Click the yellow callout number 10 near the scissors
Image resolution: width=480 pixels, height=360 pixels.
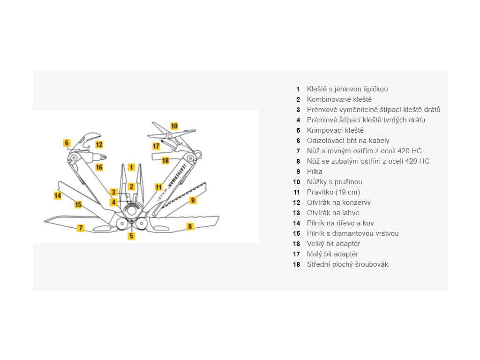[174, 126]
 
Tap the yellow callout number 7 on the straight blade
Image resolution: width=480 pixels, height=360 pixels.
[81, 228]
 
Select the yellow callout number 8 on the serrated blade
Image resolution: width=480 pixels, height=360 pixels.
[190, 226]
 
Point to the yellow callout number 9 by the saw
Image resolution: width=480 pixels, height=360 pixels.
[193, 200]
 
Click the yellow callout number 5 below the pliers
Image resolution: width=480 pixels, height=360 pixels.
[132, 236]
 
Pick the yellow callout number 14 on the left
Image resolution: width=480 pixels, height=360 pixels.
[58, 195]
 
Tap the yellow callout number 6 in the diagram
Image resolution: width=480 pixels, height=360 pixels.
[67, 142]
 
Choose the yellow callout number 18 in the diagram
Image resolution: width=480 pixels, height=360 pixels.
[165, 160]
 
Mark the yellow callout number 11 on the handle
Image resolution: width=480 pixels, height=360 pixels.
[158, 187]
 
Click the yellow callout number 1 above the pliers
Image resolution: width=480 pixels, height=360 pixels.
[132, 167]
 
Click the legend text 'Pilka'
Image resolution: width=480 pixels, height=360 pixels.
[315, 172]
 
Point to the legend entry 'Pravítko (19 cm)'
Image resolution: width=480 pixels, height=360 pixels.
[333, 192]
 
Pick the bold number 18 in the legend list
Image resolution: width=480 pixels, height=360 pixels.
[296, 264]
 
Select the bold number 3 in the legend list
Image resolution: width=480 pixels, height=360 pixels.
[298, 110]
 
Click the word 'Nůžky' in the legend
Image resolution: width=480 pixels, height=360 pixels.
[316, 182]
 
